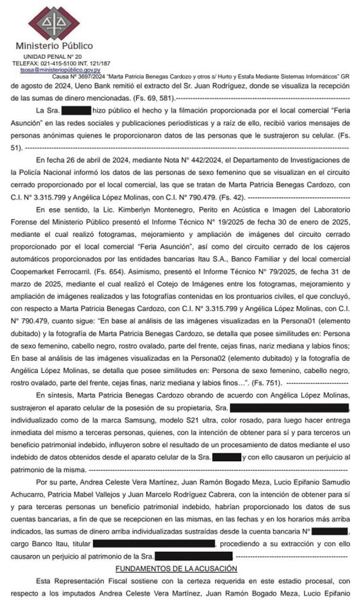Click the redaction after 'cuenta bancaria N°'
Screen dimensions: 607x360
click(329, 531)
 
